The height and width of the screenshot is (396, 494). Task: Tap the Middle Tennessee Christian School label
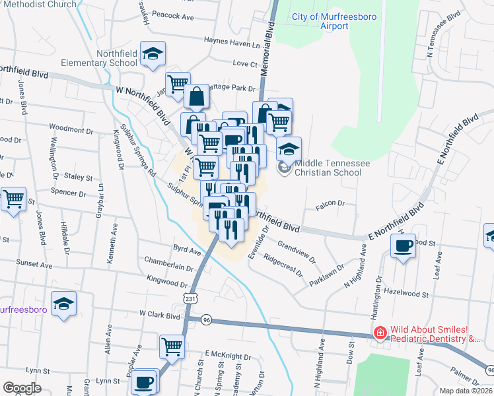(328, 168)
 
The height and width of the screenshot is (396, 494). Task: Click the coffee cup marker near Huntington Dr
(403, 247)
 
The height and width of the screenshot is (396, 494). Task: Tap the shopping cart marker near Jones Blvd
(13, 198)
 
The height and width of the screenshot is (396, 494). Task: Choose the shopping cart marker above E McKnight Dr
(172, 345)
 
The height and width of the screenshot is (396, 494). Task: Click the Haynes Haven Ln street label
(232, 44)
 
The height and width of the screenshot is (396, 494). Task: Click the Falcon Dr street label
(330, 205)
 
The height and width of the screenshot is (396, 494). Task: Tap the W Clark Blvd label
(159, 315)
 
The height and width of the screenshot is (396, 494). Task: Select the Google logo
(22, 388)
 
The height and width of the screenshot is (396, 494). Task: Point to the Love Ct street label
(244, 64)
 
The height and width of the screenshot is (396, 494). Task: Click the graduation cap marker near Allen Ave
(63, 304)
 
